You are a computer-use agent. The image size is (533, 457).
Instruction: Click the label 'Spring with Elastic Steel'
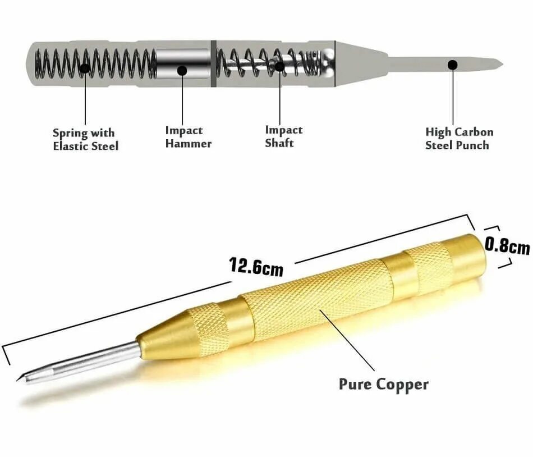pyautogui.click(x=85, y=139)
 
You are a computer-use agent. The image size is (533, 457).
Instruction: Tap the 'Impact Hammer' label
pyautogui.click(x=188, y=136)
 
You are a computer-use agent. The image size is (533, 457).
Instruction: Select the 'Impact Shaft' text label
pyautogui.click(x=283, y=136)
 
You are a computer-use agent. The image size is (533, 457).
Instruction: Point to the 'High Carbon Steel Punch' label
pyautogui.click(x=459, y=138)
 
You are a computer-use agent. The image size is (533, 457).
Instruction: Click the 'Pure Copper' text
pyautogui.click(x=383, y=384)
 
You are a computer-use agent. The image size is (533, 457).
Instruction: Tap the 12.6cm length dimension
pyautogui.click(x=256, y=266)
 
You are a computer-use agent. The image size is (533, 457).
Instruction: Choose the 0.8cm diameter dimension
pyautogui.click(x=507, y=245)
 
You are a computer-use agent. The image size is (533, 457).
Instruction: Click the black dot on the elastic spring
pyautogui.click(x=85, y=68)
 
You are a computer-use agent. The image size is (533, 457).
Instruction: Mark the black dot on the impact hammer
pyautogui.click(x=182, y=70)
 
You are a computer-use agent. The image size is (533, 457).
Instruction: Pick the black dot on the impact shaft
pyautogui.click(x=279, y=66)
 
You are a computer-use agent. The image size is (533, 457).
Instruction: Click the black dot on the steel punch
pyautogui.click(x=453, y=65)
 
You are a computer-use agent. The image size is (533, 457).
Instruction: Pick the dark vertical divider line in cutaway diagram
pyautogui.click(x=214, y=63)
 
